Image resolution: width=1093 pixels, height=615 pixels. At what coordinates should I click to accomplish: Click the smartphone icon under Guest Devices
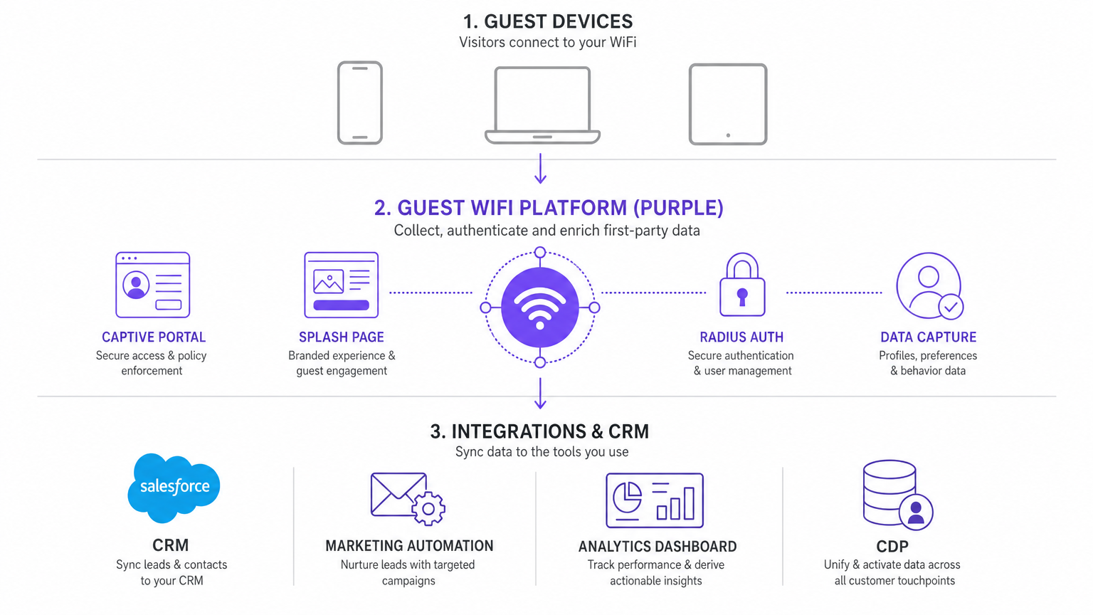pyautogui.click(x=360, y=103)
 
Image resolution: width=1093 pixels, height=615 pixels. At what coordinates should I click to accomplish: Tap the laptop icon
pyautogui.click(x=542, y=105)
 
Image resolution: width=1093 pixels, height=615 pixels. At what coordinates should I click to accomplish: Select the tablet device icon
pyautogui.click(x=728, y=104)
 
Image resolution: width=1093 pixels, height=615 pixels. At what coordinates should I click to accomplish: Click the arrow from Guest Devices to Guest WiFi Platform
pyautogui.click(x=541, y=169)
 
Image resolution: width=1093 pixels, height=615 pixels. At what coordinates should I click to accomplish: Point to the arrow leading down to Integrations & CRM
pyautogui.click(x=541, y=394)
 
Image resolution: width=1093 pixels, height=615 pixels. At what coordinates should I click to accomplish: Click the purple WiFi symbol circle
pyautogui.click(x=540, y=307)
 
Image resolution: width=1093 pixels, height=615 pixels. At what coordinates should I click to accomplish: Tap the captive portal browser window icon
pyautogui.click(x=153, y=285)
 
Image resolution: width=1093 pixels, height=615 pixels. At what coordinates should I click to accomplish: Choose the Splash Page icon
pyautogui.click(x=342, y=285)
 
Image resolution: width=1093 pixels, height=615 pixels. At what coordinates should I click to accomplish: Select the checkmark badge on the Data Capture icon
pyautogui.click(x=951, y=307)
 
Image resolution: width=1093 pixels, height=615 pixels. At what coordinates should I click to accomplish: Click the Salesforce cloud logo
pyautogui.click(x=174, y=487)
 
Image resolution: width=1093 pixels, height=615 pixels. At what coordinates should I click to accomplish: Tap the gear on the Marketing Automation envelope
pyautogui.click(x=428, y=508)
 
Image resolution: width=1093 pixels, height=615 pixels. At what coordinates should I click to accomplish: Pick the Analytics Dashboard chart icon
pyautogui.click(x=655, y=500)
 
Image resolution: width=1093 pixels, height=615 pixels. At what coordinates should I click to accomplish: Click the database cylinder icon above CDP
pyautogui.click(x=890, y=491)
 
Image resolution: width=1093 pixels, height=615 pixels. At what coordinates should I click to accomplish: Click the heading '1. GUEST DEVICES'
pyautogui.click(x=547, y=21)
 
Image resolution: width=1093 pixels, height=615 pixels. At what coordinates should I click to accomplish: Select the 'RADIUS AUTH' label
pyautogui.click(x=741, y=337)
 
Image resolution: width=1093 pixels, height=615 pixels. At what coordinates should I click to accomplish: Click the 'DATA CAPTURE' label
pyautogui.click(x=928, y=337)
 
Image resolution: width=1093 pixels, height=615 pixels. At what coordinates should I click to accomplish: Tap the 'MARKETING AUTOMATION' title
pyautogui.click(x=409, y=546)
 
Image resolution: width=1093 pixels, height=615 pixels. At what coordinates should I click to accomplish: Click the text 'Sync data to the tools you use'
pyautogui.click(x=542, y=452)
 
